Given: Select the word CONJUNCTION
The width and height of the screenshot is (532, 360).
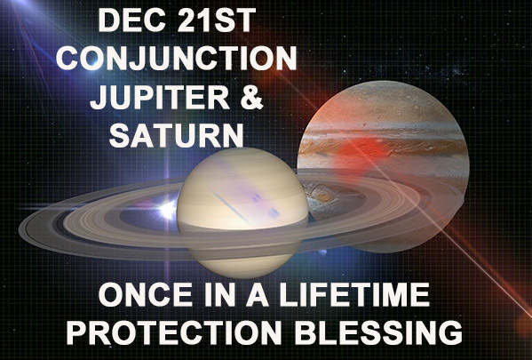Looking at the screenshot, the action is point(177,59).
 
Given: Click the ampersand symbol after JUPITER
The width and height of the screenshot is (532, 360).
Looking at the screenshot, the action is point(251,97).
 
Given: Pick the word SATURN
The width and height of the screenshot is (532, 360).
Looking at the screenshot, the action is point(177,135).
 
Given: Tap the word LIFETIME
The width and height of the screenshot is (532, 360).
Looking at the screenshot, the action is point(354,295).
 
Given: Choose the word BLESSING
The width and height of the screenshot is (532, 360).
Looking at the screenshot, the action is point(378,332).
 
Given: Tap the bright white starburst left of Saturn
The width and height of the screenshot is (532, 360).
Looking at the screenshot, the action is point(168,210).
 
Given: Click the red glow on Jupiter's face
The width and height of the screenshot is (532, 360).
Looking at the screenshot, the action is point(361,149).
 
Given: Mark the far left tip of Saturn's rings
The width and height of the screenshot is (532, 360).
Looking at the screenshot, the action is point(20,230).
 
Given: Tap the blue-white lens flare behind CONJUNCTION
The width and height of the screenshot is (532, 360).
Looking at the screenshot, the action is point(91,62).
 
